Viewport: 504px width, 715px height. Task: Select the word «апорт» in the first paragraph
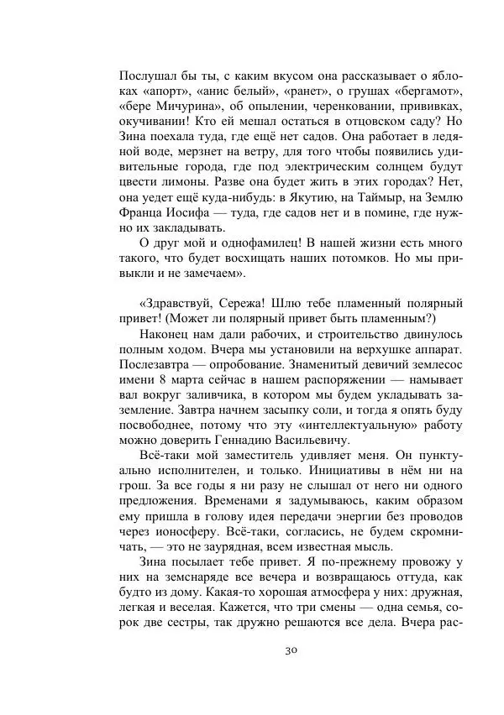[x=167, y=89]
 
